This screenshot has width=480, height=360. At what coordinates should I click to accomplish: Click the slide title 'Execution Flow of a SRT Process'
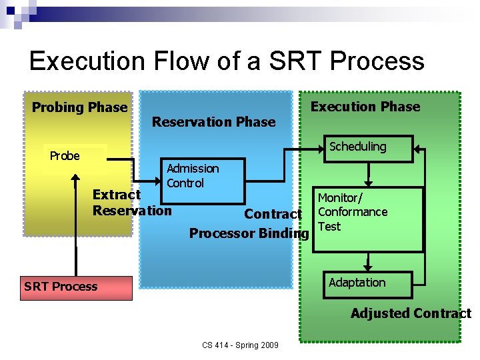(227, 61)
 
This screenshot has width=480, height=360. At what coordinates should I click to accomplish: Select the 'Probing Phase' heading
(79, 107)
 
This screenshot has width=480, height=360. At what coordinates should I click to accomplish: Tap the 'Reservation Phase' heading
(213, 122)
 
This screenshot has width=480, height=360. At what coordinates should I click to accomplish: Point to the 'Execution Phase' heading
(365, 107)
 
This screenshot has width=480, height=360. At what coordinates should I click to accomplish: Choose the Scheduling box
(367, 147)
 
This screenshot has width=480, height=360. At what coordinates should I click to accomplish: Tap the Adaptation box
(367, 284)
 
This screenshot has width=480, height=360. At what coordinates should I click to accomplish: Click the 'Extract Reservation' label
(131, 203)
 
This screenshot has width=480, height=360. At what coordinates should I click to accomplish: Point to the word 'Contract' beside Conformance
(273, 214)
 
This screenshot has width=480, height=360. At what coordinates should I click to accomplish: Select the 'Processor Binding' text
(249, 233)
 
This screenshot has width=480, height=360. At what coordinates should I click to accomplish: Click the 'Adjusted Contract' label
(411, 313)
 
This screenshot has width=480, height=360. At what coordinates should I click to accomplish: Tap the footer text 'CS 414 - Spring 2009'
(240, 345)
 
